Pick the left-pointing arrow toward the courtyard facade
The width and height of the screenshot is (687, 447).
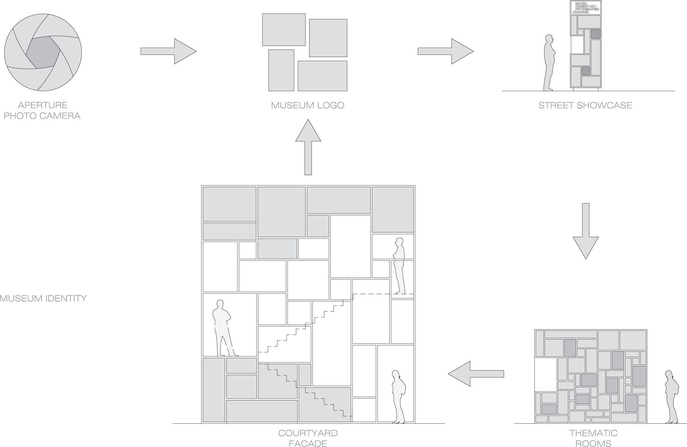(476, 374)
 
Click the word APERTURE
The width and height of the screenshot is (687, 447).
(43, 105)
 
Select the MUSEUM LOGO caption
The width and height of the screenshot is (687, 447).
(308, 105)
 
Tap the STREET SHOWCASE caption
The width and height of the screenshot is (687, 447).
(585, 105)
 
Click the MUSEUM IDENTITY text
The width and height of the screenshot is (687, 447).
(43, 298)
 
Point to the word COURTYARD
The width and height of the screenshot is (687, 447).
(308, 433)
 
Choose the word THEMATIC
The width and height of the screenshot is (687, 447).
(593, 433)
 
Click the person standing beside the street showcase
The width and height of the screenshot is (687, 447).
(549, 62)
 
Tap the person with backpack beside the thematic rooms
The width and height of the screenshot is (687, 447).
(671, 397)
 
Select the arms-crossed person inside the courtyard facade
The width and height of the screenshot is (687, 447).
(222, 328)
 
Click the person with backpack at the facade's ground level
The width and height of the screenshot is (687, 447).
(398, 397)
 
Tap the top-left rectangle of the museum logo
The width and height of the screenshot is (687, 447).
(284, 30)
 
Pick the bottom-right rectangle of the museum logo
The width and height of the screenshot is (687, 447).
(322, 76)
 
